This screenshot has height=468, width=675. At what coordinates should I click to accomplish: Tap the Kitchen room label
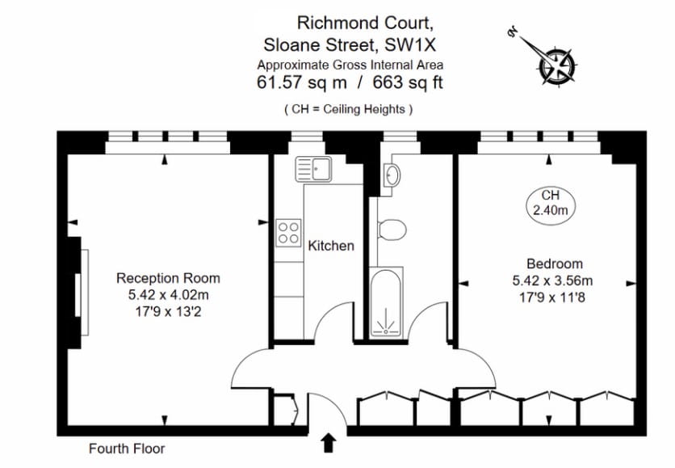coord(331,245)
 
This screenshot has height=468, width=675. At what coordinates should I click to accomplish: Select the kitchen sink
coord(314,169)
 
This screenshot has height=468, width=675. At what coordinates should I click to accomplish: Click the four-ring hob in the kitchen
coord(289,233)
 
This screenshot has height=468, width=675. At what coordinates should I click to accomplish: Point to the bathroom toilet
coord(392,230)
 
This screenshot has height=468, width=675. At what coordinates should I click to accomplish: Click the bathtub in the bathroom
coord(385,303)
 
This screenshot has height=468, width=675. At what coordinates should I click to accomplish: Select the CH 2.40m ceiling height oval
coord(551,203)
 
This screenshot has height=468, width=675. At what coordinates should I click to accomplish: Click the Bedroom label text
coord(554,264)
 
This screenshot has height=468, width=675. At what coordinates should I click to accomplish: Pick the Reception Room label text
coord(168,277)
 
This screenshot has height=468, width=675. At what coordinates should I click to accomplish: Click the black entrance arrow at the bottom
coord(329,442)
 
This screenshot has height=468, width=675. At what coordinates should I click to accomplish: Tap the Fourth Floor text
coord(126,448)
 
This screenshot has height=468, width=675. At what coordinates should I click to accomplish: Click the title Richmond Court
coord(350,22)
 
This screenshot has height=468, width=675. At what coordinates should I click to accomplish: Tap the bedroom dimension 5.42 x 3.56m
coord(553,280)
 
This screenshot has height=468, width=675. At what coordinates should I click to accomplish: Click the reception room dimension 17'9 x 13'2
coord(168,310)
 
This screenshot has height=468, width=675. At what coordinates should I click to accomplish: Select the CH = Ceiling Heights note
coord(349,108)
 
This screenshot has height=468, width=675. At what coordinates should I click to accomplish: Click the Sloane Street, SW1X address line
coord(350,44)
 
